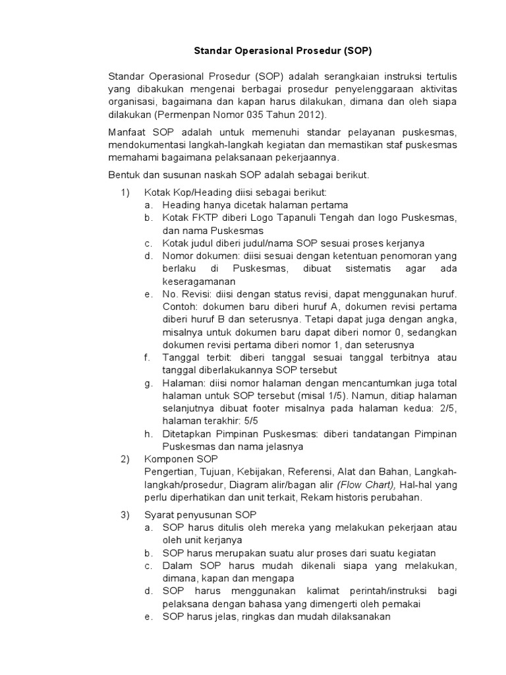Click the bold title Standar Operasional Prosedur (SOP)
(277, 50)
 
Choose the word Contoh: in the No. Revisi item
(181, 307)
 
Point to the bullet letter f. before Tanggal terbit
(148, 357)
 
